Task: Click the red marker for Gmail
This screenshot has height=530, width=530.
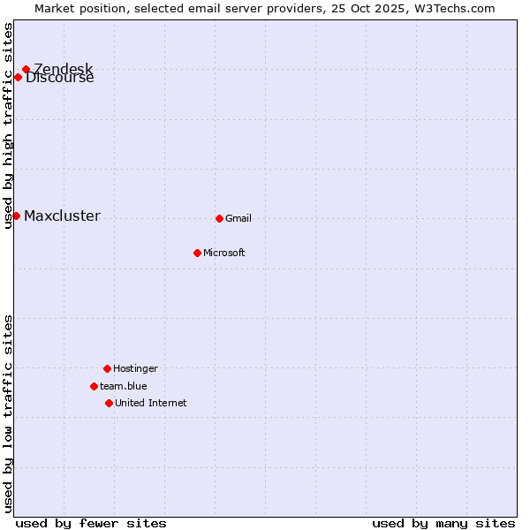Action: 219,218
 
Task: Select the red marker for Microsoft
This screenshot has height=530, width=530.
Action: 197,253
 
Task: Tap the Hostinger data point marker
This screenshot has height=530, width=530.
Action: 107,368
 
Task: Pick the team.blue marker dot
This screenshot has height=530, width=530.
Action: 94,386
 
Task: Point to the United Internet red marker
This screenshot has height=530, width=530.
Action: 109,403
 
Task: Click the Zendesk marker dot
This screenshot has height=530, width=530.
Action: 26,69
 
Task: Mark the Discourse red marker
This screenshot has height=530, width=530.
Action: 18,77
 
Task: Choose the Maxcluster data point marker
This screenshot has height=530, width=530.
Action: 16,216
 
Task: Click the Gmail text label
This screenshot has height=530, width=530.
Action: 238,218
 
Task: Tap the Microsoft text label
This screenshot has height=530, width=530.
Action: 224,253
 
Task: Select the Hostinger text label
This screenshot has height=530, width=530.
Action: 135,368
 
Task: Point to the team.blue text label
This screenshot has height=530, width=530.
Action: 124,386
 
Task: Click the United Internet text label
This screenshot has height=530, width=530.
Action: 151,403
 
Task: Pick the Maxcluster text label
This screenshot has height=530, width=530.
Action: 62,216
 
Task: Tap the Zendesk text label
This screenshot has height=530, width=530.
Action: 64,68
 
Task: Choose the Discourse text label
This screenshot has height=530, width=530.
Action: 60,79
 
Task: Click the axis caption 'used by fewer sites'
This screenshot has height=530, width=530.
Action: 91,523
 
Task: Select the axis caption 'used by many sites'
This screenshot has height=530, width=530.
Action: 443,523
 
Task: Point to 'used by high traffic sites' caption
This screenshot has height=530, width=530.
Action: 9,125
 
